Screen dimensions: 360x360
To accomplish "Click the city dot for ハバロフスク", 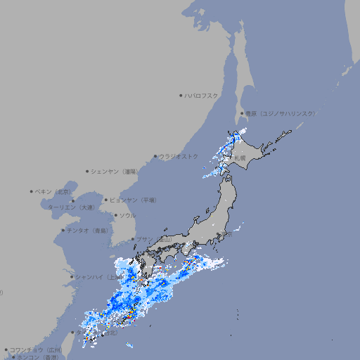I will tap(181, 96).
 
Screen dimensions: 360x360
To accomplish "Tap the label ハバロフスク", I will tap(202, 96).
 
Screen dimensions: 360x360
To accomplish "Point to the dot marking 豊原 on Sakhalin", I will tap(242, 113).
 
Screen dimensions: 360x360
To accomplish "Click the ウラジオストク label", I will tap(179, 156).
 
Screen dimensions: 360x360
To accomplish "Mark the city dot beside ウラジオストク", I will tap(155, 157).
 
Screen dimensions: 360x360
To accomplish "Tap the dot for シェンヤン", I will tap(87, 171).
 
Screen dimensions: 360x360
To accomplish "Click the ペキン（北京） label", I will tap(53, 191).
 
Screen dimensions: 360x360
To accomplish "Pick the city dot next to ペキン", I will tap(32, 191).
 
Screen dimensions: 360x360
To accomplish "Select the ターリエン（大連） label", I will tap(71, 207).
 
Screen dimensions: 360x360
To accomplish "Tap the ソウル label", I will tap(127, 216).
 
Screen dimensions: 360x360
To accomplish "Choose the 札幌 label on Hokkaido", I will tap(240, 158).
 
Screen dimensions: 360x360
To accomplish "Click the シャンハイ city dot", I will tap(72, 277).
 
